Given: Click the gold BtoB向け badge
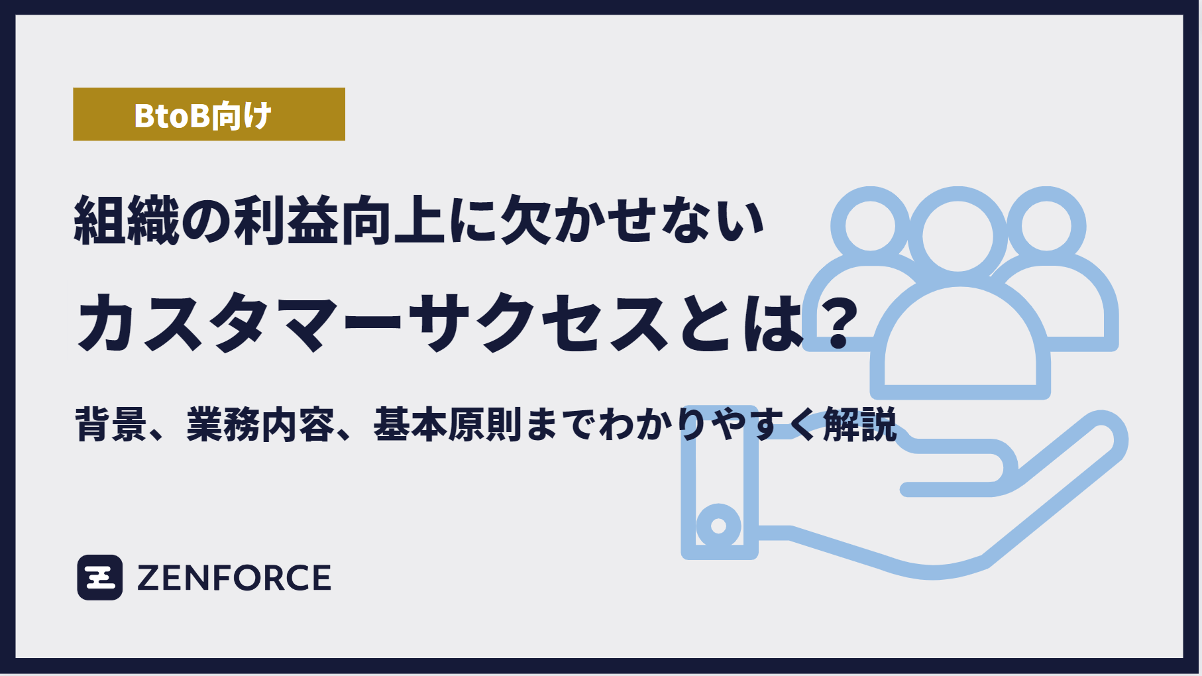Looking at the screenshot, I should point(209,114).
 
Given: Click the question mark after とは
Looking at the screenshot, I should point(838,324).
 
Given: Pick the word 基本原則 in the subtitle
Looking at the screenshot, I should point(447,424).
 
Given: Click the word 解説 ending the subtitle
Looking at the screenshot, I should point(859,424).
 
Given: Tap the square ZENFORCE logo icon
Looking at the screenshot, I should point(100,577).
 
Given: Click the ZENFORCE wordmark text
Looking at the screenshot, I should point(234,578).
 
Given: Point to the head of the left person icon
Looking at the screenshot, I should point(869,225).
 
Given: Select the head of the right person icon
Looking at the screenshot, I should point(1046,225).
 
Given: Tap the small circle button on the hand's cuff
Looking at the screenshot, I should point(718,526).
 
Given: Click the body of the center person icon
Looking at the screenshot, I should point(960,345).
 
